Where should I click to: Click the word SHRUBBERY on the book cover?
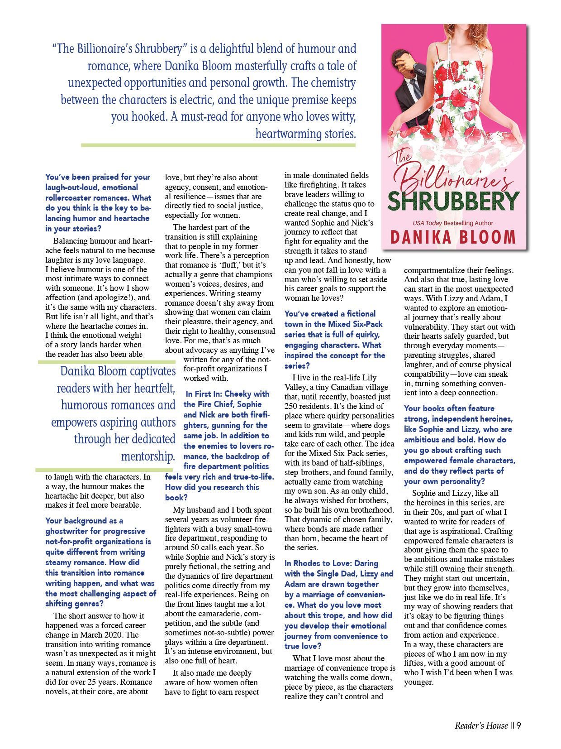coord(454,202)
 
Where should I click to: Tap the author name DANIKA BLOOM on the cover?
coord(453,237)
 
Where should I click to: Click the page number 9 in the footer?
coord(518,725)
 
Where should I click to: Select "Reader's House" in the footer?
coord(481,725)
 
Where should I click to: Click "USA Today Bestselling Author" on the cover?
coord(453,223)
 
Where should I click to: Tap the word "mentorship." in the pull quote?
coord(148,456)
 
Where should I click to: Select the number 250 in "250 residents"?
coord(291,406)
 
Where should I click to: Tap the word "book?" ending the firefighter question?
coord(176,497)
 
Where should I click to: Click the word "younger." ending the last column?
coord(418,682)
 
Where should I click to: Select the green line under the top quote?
coord(218,145)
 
